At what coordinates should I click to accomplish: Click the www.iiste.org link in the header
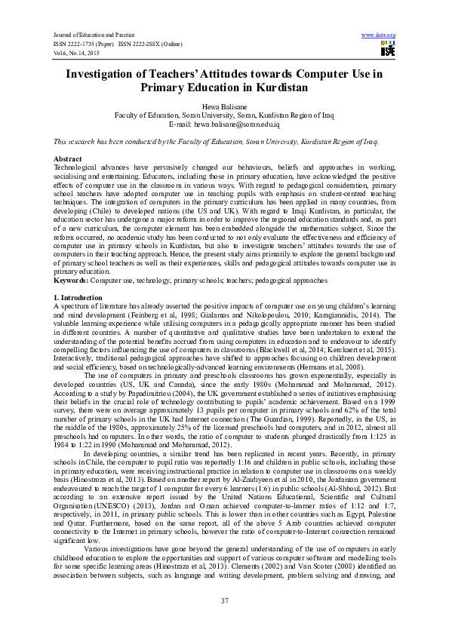point(379,35)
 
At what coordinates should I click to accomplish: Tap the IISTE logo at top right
point(388,50)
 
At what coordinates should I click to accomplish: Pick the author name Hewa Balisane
point(224,107)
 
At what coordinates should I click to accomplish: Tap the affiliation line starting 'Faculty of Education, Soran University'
point(224,115)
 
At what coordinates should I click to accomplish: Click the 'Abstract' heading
point(67,159)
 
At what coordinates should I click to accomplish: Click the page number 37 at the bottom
point(224,600)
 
